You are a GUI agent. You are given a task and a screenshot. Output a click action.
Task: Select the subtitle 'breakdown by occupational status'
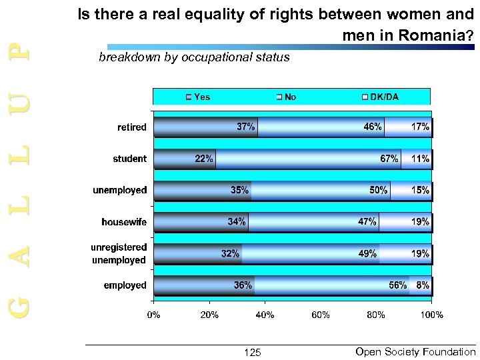point(194,57)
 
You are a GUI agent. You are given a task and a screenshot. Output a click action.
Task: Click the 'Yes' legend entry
point(198,97)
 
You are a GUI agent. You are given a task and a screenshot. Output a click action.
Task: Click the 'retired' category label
point(133,127)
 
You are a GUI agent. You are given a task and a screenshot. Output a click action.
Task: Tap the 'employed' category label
point(125,285)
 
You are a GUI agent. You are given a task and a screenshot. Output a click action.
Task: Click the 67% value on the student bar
point(389,159)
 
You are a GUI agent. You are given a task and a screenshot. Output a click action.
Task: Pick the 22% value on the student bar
point(204,159)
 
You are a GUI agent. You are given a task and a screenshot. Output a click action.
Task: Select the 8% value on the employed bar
point(423,285)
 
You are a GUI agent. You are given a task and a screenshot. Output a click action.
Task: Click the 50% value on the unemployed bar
point(379,190)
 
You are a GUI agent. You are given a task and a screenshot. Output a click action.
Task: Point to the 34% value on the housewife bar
point(237,221)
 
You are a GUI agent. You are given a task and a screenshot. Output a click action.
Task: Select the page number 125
point(253,352)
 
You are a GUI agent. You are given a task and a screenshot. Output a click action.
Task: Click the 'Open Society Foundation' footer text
point(415,351)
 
